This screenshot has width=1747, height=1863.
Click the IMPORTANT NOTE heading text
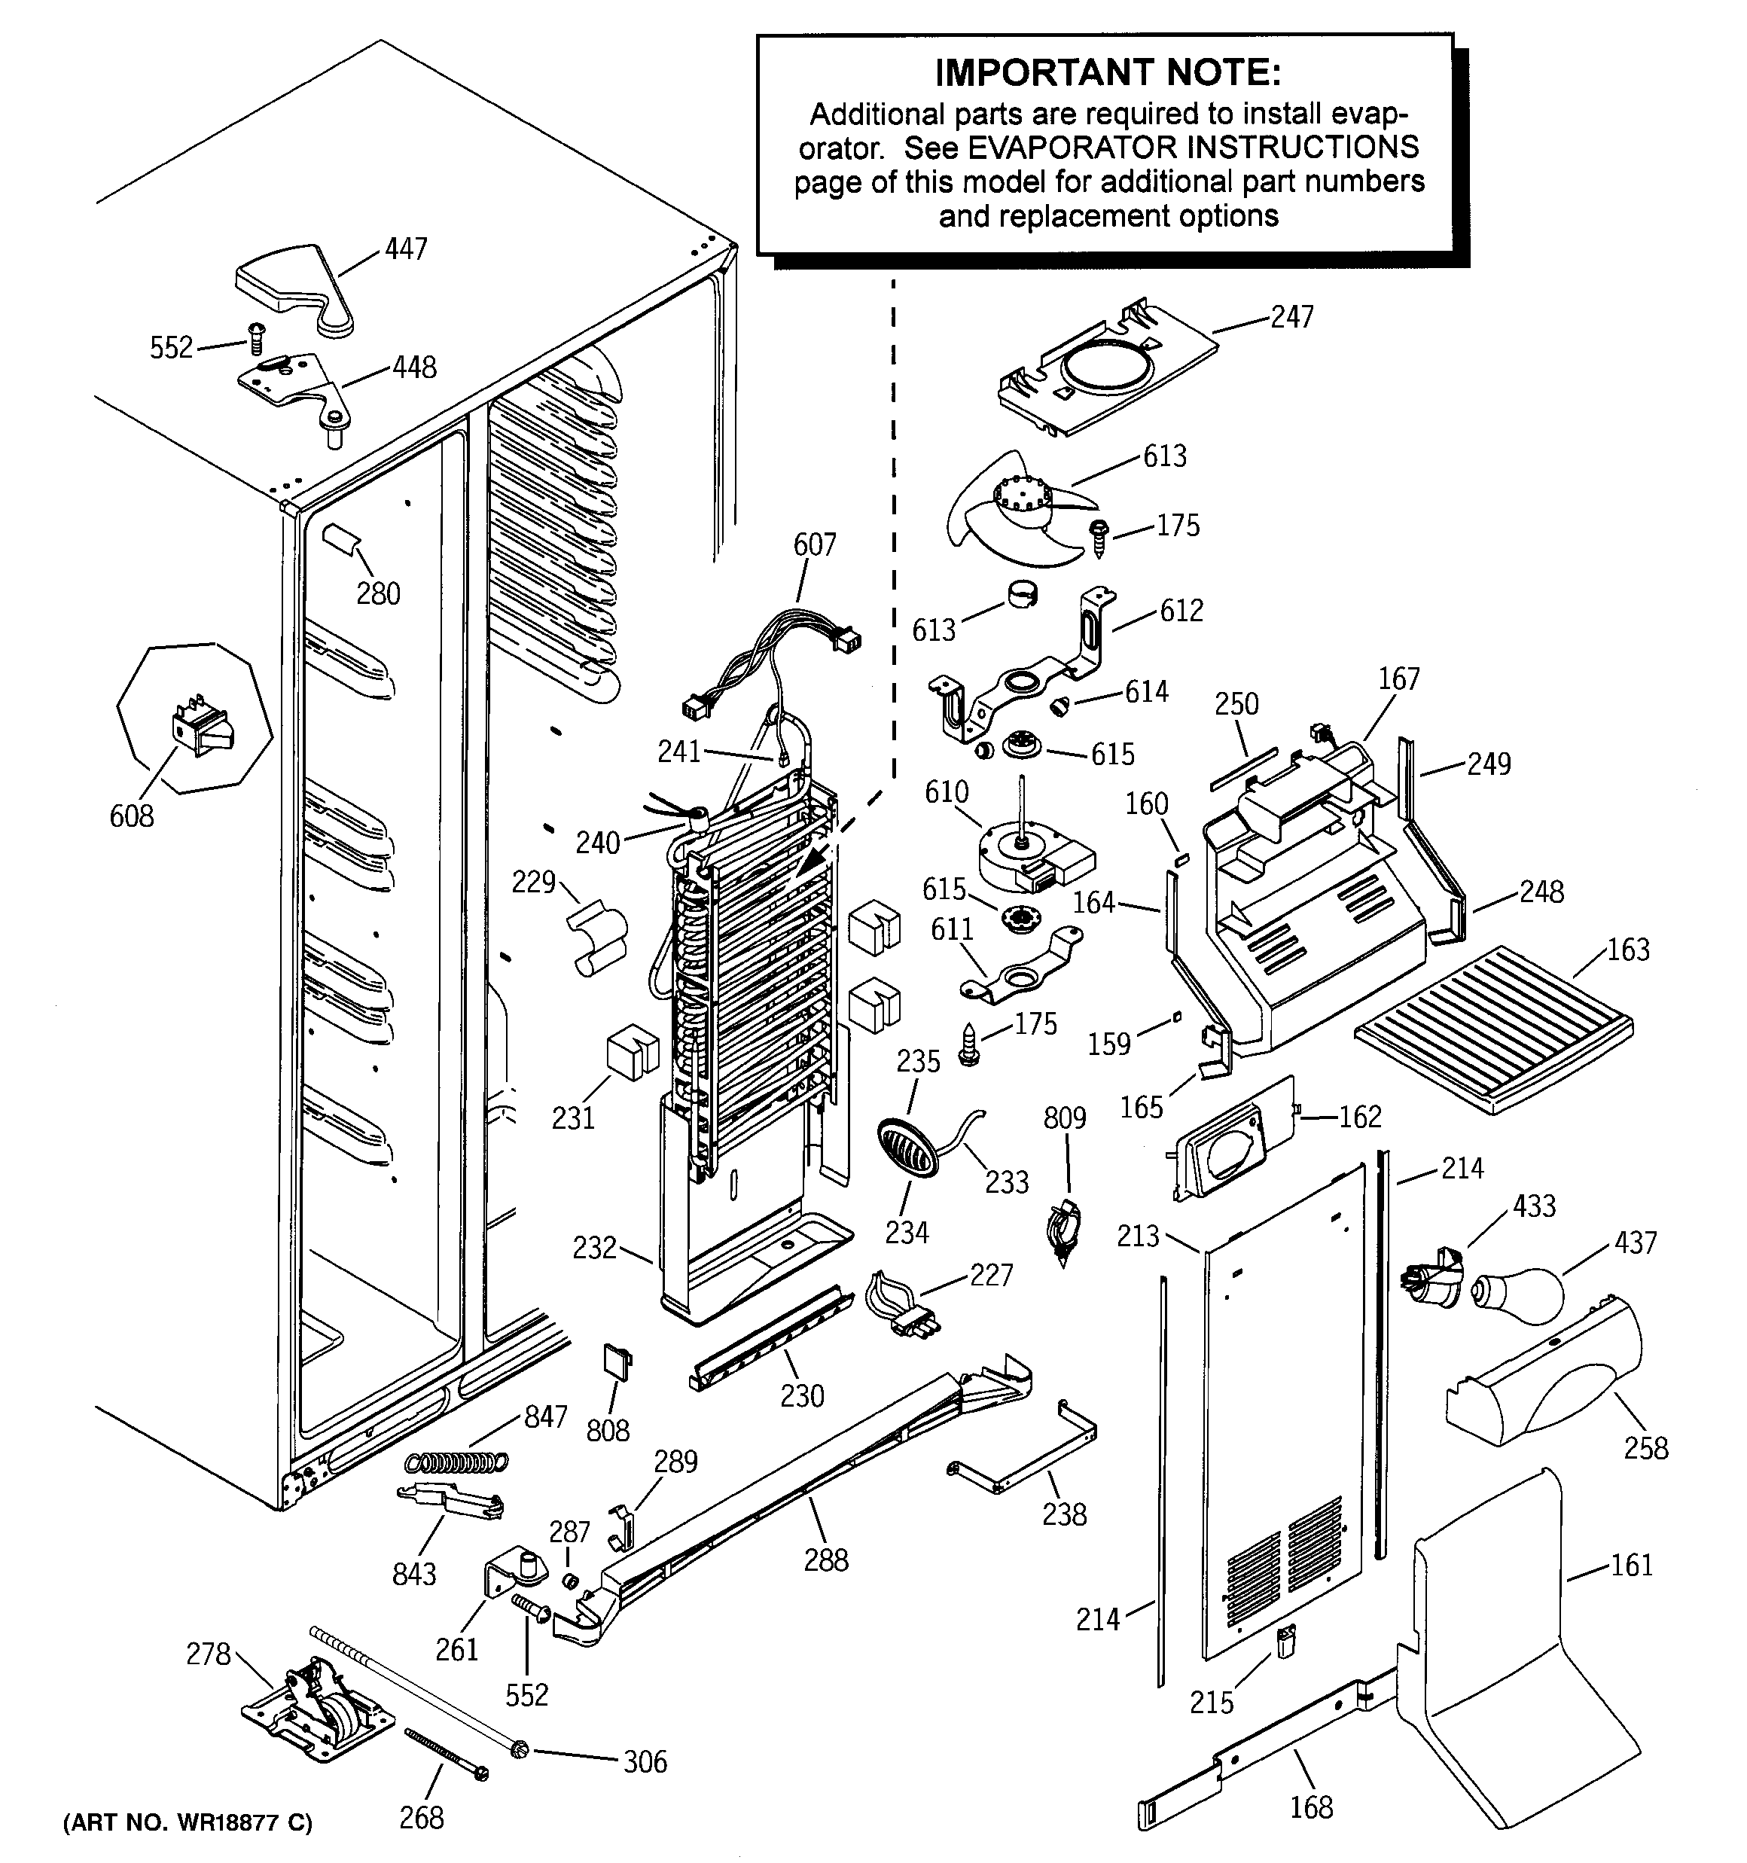point(1107,72)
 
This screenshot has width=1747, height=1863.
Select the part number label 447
point(406,249)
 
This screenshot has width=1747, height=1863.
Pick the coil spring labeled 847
point(456,1461)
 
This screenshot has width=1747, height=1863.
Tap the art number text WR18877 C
point(187,1822)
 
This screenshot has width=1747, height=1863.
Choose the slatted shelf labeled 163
point(1494,1028)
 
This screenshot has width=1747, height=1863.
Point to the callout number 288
point(826,1560)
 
